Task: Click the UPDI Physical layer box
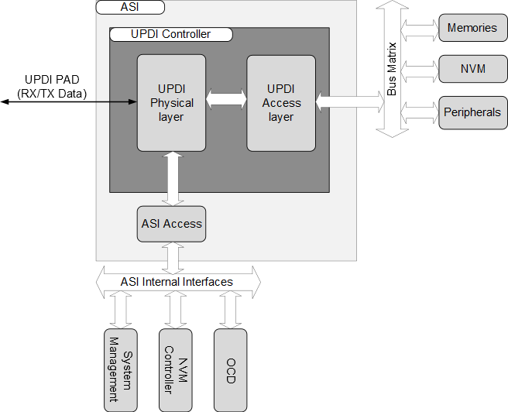(x=171, y=102)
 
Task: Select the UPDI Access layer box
(x=280, y=102)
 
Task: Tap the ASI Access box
(x=171, y=224)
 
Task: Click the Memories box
(x=472, y=28)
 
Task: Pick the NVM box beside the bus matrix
(x=472, y=69)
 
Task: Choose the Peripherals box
(x=472, y=112)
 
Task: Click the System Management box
(x=118, y=369)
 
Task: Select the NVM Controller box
(x=175, y=369)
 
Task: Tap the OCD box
(x=230, y=369)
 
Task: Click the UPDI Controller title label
(x=171, y=34)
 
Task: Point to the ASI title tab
(x=131, y=7)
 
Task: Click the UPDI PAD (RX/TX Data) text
(x=52, y=86)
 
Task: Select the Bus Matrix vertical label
(x=392, y=69)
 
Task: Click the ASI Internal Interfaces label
(x=177, y=282)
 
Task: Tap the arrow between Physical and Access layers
(x=226, y=99)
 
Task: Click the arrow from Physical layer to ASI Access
(x=171, y=179)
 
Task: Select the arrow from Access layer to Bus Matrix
(x=349, y=99)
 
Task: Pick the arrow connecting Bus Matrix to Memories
(x=420, y=29)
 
